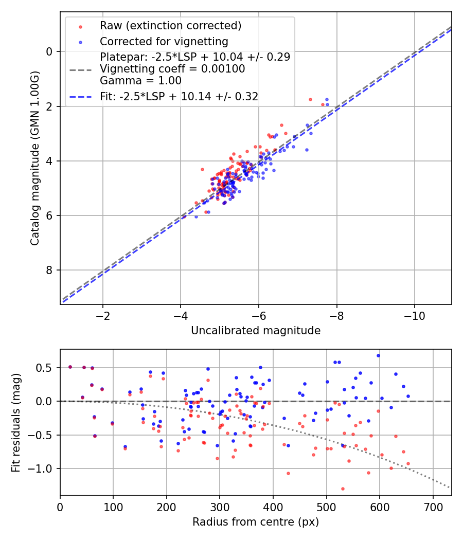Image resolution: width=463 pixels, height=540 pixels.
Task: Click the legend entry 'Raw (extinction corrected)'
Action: tap(170, 26)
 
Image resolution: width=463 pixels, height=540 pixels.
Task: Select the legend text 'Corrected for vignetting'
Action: tap(164, 41)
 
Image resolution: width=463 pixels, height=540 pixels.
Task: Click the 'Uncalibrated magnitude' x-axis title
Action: tap(256, 330)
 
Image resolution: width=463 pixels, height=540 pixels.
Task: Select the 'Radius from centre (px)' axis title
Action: tap(256, 522)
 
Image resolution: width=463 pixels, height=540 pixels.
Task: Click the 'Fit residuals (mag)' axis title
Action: tap(15, 422)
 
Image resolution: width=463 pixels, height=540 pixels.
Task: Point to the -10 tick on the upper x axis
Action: tap(415, 315)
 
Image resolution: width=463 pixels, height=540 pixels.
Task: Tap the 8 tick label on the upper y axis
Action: tap(49, 271)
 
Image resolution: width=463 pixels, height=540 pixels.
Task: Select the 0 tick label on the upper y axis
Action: tap(49, 51)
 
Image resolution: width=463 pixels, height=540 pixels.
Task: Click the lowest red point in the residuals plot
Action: tap(343, 489)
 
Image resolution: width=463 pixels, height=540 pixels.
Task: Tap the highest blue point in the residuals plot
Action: tap(378, 355)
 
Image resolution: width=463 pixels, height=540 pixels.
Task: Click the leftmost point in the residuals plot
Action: tap(70, 367)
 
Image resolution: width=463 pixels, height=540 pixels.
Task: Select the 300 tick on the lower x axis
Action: tap(220, 507)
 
